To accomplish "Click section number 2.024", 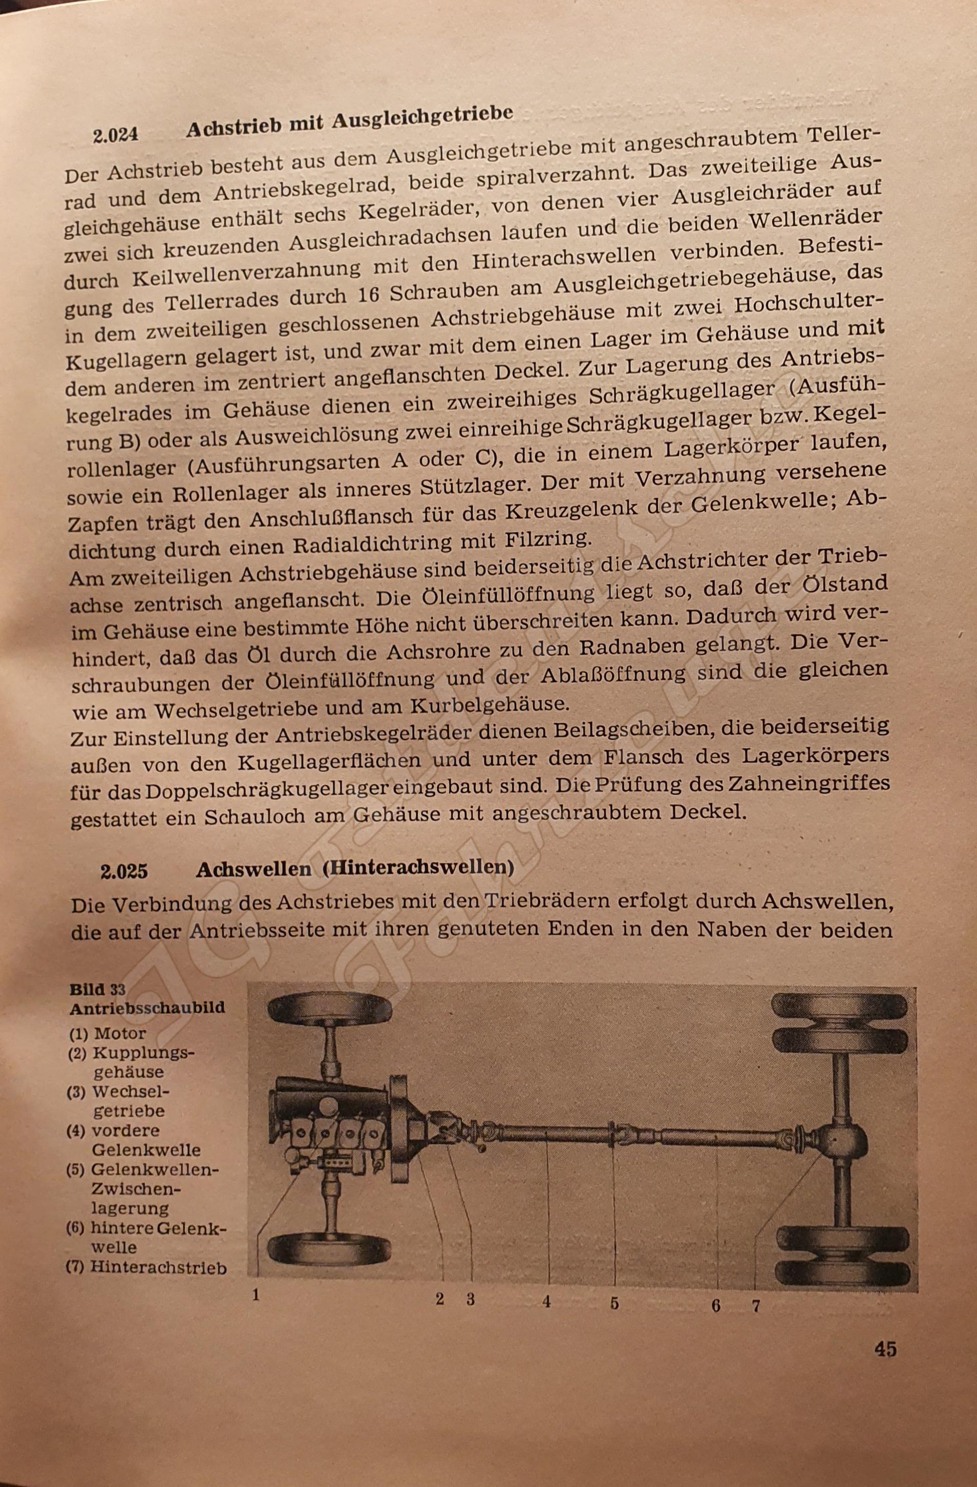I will click(x=116, y=135).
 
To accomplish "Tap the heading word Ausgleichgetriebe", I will click(x=423, y=118).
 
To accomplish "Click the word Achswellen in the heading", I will click(x=253, y=870).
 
